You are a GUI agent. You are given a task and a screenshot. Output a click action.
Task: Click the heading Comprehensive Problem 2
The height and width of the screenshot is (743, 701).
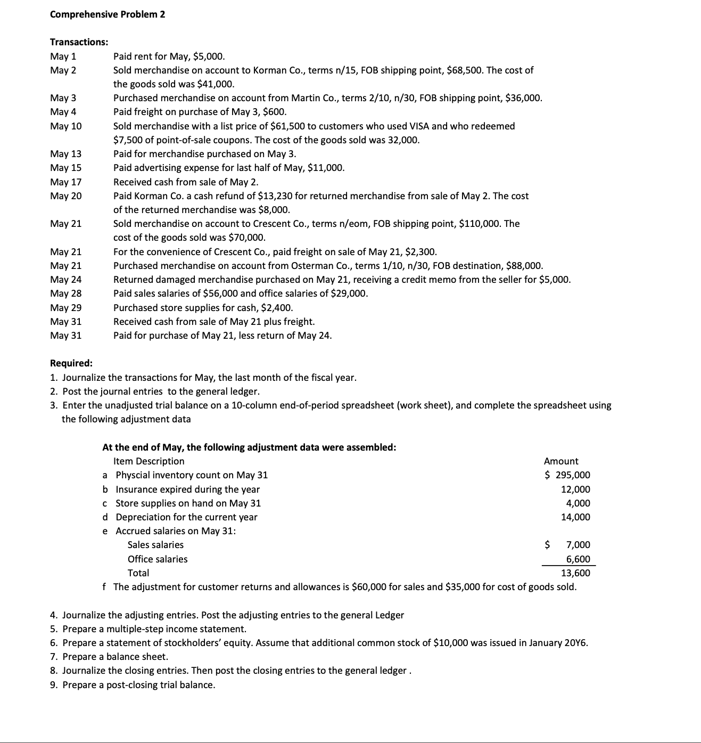(x=107, y=14)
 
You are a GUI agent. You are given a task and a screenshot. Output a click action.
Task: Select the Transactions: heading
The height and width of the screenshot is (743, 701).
(x=79, y=42)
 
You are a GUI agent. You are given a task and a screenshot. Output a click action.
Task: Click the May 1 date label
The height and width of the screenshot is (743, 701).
(x=63, y=56)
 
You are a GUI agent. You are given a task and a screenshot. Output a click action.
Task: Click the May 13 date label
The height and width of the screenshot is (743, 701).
(x=65, y=154)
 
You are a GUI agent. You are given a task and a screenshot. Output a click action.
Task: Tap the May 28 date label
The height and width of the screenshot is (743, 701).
(x=65, y=293)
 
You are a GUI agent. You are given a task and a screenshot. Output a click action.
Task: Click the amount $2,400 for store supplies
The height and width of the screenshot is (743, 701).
(x=276, y=308)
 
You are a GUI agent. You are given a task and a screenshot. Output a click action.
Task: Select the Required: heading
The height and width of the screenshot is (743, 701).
(x=71, y=363)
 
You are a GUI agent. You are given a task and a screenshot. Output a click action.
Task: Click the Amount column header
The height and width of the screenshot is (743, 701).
(x=560, y=461)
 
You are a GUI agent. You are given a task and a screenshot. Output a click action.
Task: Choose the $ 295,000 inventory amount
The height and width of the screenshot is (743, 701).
(x=567, y=475)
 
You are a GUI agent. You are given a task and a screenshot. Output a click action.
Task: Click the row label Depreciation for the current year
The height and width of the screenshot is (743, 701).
(x=186, y=517)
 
